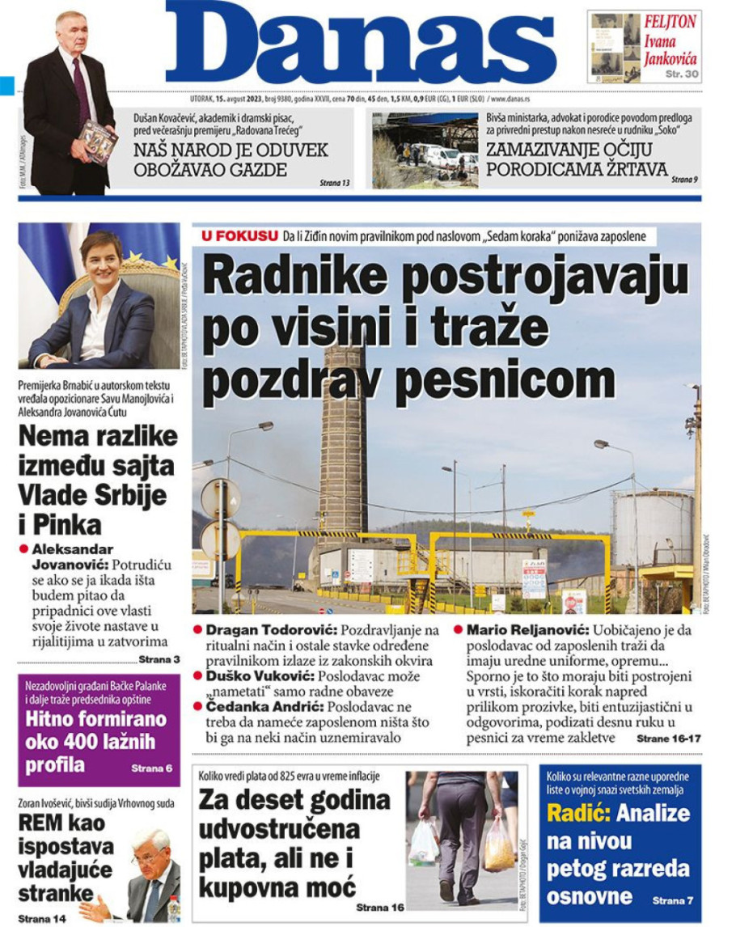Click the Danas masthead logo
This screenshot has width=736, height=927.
[x=361, y=44]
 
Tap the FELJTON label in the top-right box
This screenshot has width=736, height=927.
[x=669, y=22]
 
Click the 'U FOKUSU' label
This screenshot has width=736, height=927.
[x=240, y=235]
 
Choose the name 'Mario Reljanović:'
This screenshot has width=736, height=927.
[x=529, y=629]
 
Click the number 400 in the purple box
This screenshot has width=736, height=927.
[x=81, y=743]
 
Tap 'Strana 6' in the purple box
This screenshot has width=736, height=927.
[x=151, y=767]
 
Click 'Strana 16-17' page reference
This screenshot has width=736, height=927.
[x=668, y=739]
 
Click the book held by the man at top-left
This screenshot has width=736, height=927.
[x=98, y=141]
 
